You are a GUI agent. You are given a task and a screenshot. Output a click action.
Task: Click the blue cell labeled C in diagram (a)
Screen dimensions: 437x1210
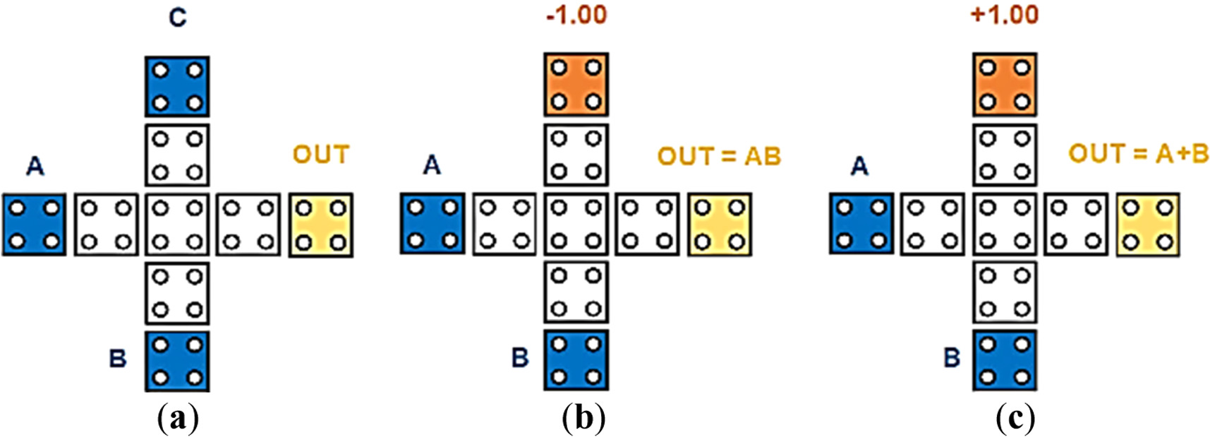177,86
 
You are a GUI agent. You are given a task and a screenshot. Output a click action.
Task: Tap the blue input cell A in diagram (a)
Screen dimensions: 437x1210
34,225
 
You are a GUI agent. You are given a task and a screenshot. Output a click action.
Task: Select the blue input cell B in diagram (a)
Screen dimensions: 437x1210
177,361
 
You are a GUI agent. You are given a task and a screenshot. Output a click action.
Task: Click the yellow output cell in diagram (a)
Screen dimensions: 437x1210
321,225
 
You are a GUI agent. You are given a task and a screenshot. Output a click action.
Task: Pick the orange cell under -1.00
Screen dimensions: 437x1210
576,84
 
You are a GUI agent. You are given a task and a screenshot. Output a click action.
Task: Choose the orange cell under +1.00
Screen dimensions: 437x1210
1004,84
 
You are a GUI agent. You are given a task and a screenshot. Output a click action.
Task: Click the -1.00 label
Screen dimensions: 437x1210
576,15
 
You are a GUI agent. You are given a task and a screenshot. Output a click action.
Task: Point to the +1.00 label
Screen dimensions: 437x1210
1004,15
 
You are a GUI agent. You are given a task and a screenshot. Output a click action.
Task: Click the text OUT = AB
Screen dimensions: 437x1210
719,156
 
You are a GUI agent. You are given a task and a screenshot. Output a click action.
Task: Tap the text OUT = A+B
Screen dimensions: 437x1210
1138,154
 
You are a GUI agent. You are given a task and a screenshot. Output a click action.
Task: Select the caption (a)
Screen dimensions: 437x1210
177,419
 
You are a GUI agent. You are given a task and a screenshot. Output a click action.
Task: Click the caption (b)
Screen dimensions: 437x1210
583,419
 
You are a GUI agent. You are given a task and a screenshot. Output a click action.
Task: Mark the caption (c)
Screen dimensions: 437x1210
1015,419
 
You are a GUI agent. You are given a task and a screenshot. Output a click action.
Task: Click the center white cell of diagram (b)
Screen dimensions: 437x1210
576,225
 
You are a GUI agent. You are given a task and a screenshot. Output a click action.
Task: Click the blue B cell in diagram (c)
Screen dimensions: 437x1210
1004,360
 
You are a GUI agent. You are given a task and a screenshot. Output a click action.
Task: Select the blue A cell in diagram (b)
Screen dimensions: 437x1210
432,224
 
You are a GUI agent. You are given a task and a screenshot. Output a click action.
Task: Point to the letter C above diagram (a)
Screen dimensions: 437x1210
178,17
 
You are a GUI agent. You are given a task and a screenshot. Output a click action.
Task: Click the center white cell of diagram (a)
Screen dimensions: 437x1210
177,225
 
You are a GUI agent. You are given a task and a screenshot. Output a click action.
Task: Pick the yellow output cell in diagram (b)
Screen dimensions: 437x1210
720,225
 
